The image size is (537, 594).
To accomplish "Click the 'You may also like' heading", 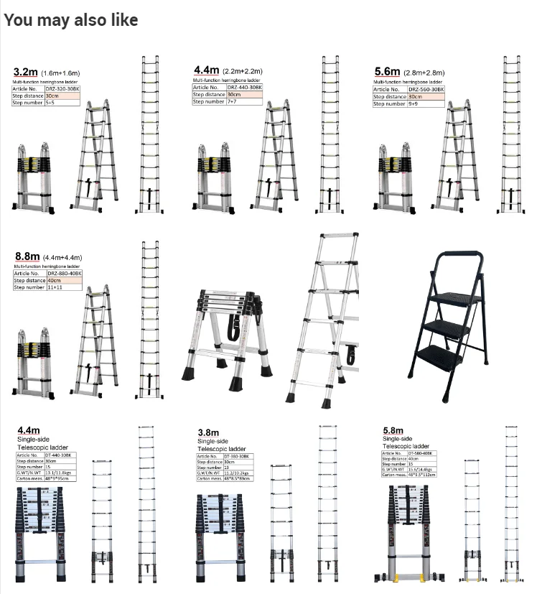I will click(70, 20).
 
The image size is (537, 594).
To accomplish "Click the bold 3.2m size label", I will click(25, 72).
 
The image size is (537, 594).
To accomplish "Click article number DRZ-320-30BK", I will click(62, 89).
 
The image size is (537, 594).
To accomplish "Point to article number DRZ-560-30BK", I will click(426, 89).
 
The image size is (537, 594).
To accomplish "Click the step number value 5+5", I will click(50, 103).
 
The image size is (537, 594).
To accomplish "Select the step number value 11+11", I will click(55, 287).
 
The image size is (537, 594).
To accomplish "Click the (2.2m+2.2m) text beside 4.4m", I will click(242, 72).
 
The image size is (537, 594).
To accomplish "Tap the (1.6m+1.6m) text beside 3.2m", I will click(60, 73).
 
